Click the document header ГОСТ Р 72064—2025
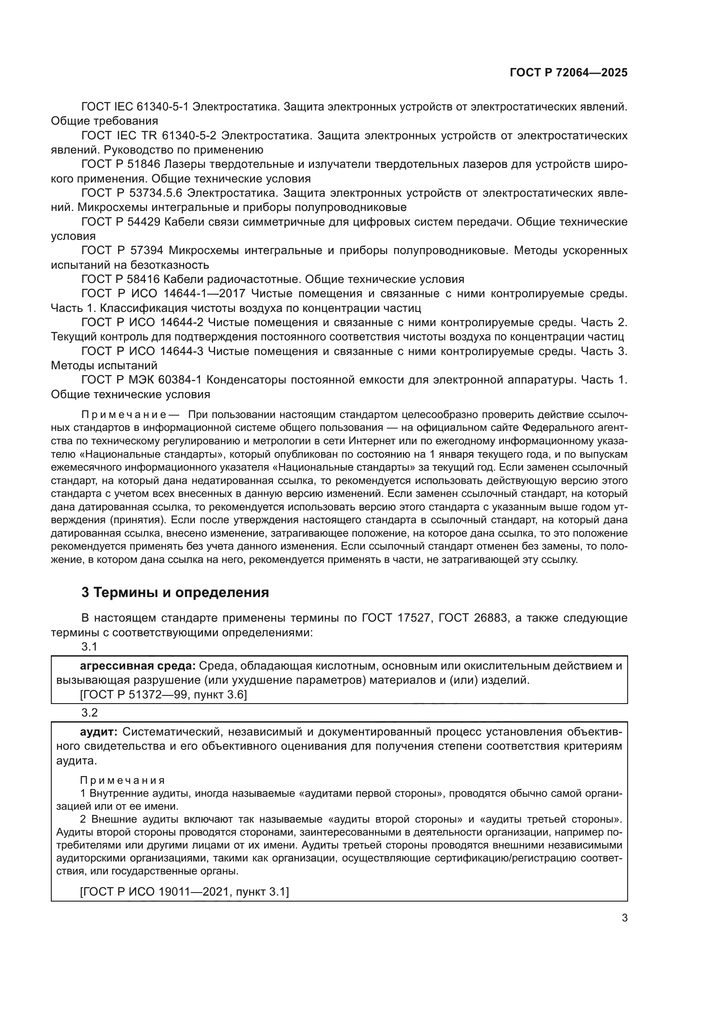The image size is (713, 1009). click(568, 72)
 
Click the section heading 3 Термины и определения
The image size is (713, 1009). click(175, 592)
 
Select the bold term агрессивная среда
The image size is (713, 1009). click(138, 666)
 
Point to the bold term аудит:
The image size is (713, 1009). click(98, 732)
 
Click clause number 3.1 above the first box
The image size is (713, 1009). click(89, 647)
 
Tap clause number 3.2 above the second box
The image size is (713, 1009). click(89, 712)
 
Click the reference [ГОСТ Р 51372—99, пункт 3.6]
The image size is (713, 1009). click(163, 695)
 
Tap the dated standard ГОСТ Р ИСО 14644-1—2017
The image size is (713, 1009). click(160, 294)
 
